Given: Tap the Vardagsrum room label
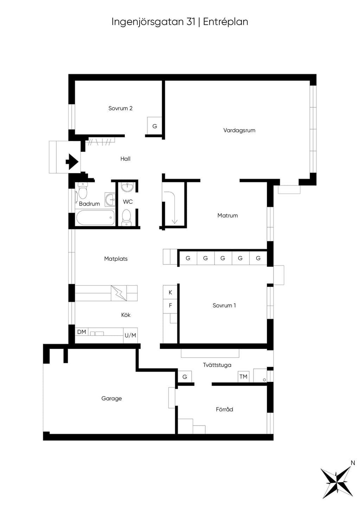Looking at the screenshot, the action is coord(239,130).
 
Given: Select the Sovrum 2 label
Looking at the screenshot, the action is coord(120,108).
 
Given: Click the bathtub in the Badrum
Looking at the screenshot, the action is coord(95,217).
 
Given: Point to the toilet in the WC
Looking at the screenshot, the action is coord(126,217).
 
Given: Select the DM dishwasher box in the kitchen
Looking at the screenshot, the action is coord(82,332).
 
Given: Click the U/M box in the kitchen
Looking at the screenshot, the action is coord(130,335).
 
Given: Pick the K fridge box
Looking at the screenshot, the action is coord(170,292).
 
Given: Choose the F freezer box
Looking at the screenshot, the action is coord(170,306).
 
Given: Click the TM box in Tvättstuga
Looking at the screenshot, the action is coord(243,377).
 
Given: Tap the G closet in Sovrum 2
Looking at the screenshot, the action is coord(154,126).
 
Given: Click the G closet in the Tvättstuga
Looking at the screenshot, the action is coord(185,377).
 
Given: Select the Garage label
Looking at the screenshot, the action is coord(111,398).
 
